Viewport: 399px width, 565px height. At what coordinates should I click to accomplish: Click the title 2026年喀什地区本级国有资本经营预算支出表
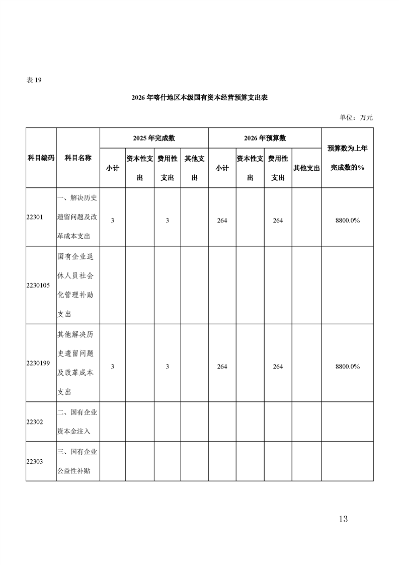[199, 98]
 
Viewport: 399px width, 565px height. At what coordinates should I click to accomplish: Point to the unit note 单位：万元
[356, 117]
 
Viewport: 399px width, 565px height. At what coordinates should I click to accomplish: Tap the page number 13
[343, 519]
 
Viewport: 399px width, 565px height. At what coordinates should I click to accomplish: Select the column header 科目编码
[41, 158]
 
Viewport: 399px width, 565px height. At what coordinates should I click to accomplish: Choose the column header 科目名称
[78, 158]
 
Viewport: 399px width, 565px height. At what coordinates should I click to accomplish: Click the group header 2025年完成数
[154, 138]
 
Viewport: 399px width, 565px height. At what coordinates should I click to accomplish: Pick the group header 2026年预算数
[265, 138]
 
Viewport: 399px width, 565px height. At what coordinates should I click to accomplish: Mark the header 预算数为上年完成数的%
[347, 158]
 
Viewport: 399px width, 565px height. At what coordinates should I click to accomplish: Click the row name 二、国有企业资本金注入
[77, 422]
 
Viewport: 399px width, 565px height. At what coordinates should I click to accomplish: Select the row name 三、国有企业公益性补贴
[77, 462]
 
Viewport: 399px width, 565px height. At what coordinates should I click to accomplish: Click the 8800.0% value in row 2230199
[347, 367]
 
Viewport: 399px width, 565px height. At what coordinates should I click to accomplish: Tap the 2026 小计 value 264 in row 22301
[222, 221]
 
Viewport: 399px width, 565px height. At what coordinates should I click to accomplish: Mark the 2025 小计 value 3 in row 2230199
[112, 367]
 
